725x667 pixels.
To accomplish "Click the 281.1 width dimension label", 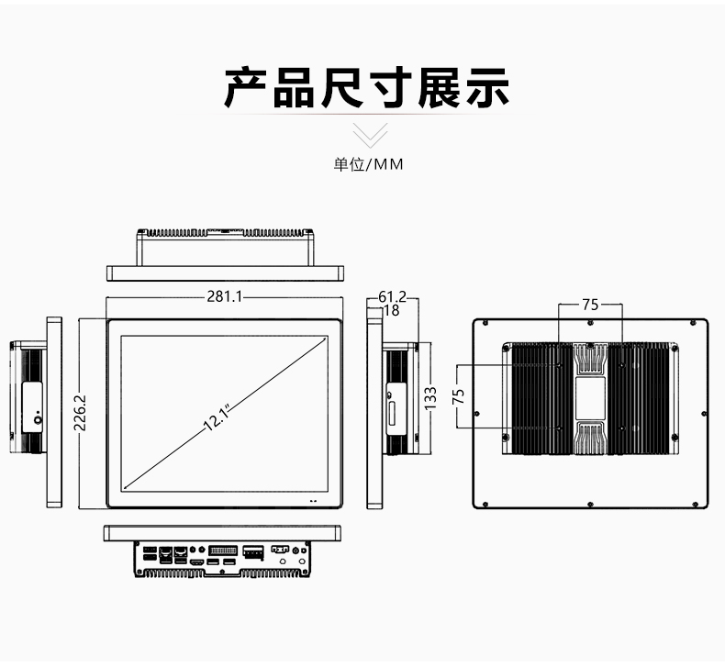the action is pos(224,296).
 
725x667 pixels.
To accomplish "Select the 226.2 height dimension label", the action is pos(80,413).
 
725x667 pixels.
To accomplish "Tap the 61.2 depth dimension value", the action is pos(392,296).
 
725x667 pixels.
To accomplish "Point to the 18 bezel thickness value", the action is pos(392,311).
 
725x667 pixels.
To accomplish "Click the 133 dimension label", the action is pos(430,398).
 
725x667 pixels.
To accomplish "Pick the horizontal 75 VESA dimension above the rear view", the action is pos(590,305).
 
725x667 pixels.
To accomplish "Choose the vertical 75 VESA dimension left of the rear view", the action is pos(458,396).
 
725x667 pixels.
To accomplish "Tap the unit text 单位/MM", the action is pos(369,164).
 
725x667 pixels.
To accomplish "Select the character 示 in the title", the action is pos(487,88).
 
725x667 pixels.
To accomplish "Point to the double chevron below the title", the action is pos(370,135).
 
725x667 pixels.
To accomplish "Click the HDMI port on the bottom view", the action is pos(197,562).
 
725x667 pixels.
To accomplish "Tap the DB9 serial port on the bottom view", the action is pos(280,550).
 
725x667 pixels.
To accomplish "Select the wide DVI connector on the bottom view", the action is pos(223,550).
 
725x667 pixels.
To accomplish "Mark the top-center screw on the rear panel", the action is pos(590,323).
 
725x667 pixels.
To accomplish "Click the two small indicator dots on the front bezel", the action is pos(313,501).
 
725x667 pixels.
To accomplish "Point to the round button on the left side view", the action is pos(38,419).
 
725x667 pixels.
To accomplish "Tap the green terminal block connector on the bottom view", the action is pos(253,551).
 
